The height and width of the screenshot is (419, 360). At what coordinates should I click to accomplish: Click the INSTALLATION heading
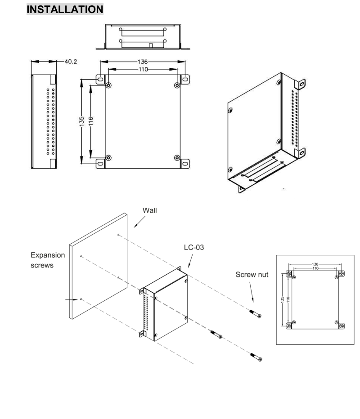(65, 9)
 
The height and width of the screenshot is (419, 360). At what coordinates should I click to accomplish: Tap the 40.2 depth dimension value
(71, 62)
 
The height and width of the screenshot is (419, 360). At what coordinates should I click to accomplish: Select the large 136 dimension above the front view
(143, 62)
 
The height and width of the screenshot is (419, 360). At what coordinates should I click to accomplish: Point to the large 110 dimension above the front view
(143, 70)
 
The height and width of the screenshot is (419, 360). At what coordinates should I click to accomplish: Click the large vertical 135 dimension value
(82, 121)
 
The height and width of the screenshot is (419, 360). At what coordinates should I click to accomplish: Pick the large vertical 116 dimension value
(91, 121)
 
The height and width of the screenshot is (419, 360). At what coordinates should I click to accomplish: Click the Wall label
(149, 210)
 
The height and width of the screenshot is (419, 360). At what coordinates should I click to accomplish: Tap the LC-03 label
(194, 247)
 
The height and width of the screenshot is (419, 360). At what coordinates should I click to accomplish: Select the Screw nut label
(252, 275)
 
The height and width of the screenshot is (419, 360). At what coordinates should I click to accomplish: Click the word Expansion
(48, 255)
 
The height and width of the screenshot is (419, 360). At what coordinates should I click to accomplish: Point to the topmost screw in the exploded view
(255, 314)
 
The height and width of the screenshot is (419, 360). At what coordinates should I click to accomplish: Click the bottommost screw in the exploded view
(256, 357)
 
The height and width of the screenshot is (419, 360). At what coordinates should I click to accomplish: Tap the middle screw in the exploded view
(216, 334)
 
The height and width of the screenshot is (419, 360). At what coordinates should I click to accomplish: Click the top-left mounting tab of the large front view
(100, 80)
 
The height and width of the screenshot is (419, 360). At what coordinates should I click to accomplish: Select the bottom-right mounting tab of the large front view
(185, 164)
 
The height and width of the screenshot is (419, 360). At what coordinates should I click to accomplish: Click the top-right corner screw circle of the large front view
(177, 85)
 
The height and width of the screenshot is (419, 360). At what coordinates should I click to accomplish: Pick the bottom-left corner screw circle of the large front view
(108, 158)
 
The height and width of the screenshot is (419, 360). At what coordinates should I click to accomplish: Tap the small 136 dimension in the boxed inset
(315, 264)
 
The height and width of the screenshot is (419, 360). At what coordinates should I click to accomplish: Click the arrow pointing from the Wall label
(139, 222)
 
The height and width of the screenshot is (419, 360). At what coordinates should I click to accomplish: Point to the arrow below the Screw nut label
(252, 292)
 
